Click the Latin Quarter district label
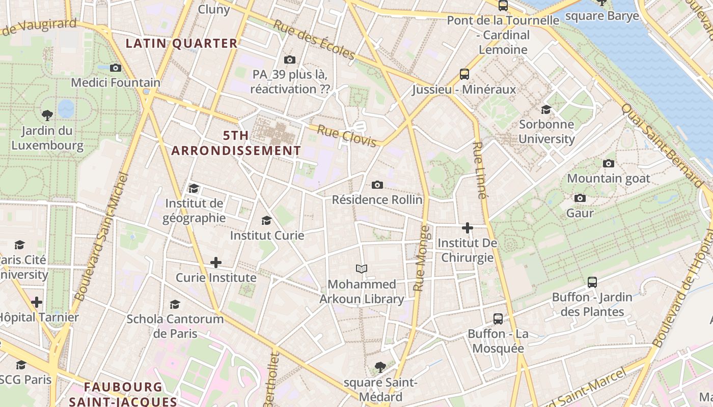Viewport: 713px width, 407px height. (182, 43)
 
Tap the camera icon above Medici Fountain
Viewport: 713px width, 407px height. (116, 68)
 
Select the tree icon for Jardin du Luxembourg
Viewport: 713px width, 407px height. (47, 115)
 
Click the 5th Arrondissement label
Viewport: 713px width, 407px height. (236, 143)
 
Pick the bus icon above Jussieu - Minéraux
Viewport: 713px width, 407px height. (464, 74)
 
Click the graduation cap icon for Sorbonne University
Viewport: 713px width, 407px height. (546, 109)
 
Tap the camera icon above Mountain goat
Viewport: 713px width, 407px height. (608, 163)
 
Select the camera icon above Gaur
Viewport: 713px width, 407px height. (580, 198)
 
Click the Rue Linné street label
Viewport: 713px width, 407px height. (479, 170)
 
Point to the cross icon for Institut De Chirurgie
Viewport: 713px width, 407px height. (467, 228)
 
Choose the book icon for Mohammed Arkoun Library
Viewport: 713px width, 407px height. (361, 269)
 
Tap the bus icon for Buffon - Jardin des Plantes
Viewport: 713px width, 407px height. (592, 282)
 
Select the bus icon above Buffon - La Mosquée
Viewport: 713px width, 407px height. (498, 319)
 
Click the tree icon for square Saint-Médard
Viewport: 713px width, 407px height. (379, 367)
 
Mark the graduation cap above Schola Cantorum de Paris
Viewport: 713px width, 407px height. (175, 304)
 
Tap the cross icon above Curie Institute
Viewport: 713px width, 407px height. (216, 263)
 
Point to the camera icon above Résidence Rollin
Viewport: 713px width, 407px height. (377, 185)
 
